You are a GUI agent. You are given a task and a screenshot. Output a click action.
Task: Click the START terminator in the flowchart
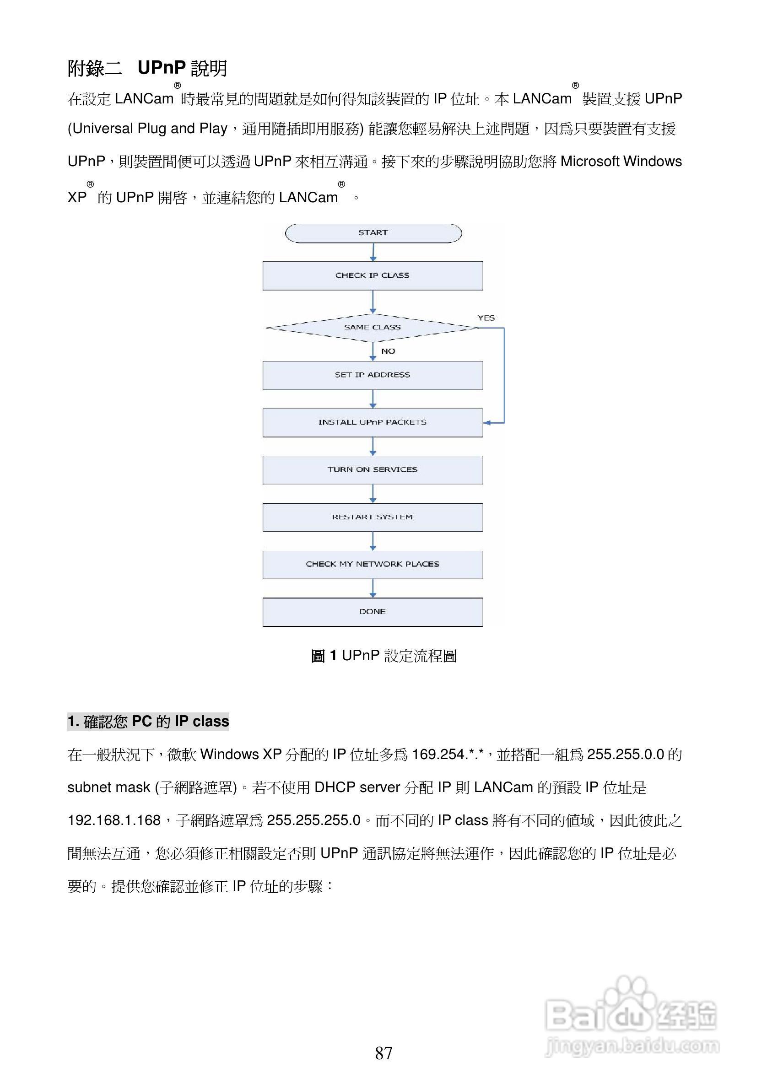tap(373, 233)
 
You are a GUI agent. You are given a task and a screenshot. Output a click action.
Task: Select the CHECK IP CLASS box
tap(373, 275)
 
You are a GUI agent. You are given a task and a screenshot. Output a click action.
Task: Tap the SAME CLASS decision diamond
tap(373, 327)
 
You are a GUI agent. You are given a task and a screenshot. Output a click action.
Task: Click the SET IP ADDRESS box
tap(373, 375)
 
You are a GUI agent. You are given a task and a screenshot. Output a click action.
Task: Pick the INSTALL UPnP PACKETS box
tap(373, 422)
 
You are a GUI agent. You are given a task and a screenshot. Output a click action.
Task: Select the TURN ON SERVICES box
tap(373, 469)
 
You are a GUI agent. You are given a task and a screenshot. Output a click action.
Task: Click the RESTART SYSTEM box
tap(373, 517)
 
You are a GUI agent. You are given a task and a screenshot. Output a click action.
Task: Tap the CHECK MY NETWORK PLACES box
tap(373, 564)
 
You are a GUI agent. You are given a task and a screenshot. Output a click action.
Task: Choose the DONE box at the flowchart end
tap(373, 612)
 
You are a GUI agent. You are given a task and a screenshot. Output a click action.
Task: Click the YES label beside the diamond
tap(486, 318)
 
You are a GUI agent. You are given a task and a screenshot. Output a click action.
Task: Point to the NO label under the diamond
tap(388, 351)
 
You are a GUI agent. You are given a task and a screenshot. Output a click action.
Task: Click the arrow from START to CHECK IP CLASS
tap(373, 252)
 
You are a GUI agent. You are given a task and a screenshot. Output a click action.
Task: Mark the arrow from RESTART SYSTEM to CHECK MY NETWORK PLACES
tap(373, 541)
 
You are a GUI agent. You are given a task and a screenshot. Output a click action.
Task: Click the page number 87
tap(383, 1053)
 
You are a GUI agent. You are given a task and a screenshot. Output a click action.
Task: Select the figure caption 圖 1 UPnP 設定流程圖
tap(383, 656)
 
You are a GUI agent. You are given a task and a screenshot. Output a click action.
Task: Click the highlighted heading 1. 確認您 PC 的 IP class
tap(148, 722)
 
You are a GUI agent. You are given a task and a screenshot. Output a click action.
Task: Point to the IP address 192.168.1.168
tap(114, 820)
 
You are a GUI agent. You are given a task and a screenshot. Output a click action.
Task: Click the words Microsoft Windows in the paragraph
tap(621, 161)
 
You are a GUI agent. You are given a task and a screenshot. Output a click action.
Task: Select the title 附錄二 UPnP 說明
tap(147, 68)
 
